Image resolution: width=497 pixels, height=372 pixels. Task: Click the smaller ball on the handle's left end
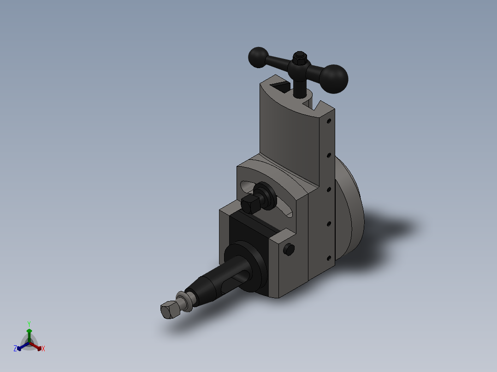coord(258,57)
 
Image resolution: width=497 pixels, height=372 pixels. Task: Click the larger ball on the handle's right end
coord(334,79)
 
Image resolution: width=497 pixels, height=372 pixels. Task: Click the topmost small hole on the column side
coord(329,122)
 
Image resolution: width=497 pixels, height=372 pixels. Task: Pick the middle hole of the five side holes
coord(329,189)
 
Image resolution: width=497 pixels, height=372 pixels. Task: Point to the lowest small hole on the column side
coord(329,257)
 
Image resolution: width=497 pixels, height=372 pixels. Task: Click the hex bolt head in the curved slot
coord(249,203)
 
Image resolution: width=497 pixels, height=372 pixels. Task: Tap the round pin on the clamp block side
coord(289,250)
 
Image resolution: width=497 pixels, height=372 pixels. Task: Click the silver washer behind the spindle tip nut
coord(186,300)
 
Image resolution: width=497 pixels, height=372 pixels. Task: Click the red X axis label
coord(43,349)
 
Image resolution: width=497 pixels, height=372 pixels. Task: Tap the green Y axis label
coord(29,323)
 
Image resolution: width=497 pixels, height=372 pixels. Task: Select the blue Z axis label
coord(15,349)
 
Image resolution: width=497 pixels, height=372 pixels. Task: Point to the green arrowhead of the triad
coord(29,331)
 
